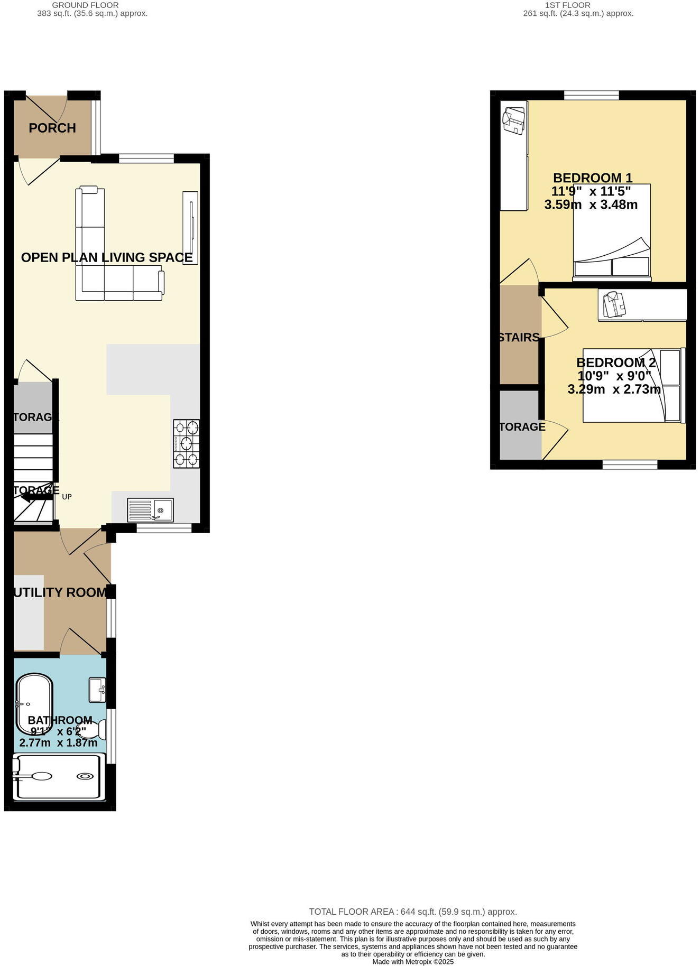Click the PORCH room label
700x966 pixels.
(52, 128)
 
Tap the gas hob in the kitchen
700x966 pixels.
(187, 443)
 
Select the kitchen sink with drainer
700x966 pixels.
(150, 510)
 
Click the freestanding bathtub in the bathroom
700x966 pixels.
(34, 701)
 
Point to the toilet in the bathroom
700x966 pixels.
(96, 730)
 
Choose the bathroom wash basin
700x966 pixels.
(97, 690)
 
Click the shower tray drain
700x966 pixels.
(85, 776)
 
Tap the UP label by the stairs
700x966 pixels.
(67, 497)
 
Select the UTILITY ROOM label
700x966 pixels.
(60, 592)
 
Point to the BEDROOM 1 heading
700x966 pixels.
(593, 178)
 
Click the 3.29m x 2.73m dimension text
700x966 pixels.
(614, 389)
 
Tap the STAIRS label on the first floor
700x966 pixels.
(519, 337)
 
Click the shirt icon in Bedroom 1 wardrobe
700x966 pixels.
(514, 120)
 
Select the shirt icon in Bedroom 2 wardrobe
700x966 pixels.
(614, 304)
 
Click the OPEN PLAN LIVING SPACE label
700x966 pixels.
(107, 257)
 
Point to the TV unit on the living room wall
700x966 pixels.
(190, 228)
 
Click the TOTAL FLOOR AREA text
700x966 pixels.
(413, 912)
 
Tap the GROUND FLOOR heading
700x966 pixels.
(85, 5)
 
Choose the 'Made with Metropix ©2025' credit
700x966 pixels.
(413, 962)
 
